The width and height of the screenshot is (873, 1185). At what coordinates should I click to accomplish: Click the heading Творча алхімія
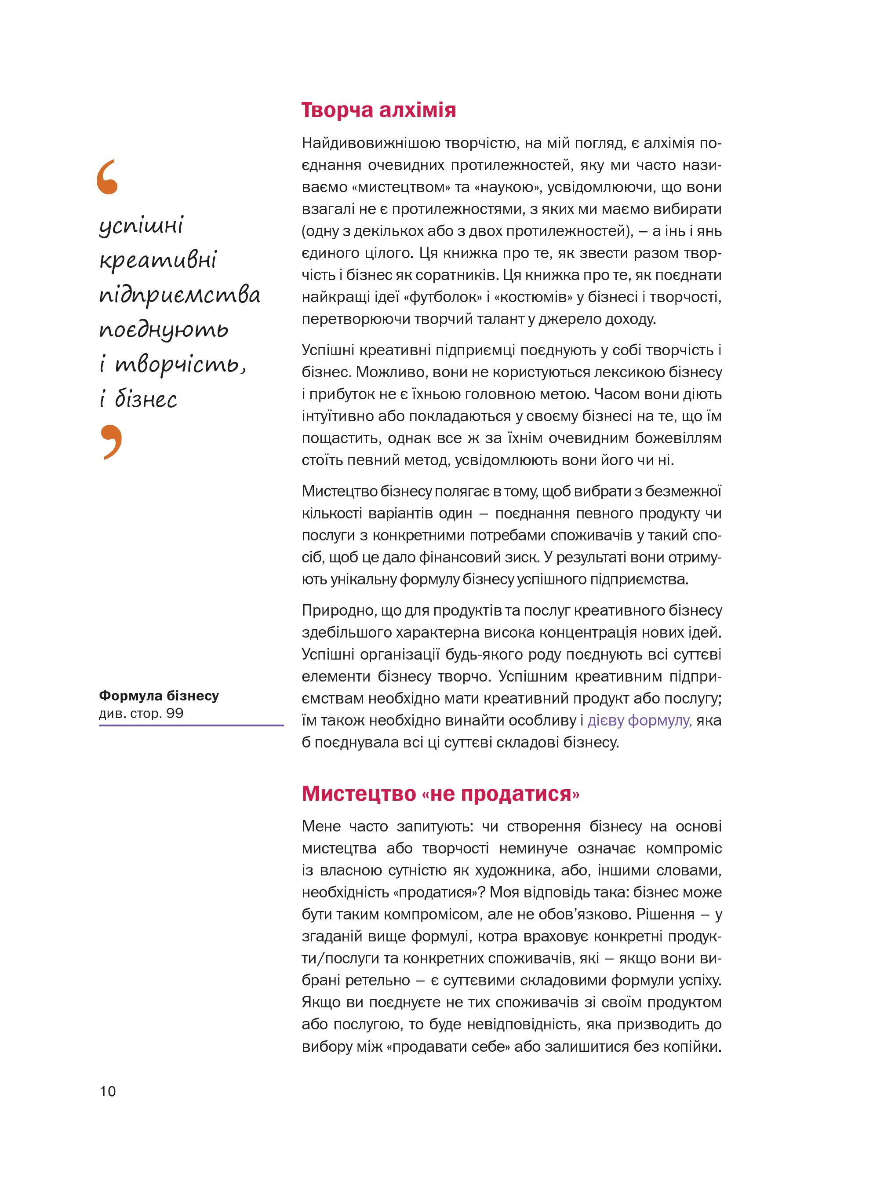[x=378, y=110]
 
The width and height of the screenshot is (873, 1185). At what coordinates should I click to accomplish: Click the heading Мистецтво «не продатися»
[x=440, y=794]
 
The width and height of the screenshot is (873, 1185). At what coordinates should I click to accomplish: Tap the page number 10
[x=107, y=1091]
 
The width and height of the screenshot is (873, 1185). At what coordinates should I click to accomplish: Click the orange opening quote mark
[x=107, y=177]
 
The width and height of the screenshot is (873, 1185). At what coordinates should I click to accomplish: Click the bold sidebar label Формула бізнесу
[x=159, y=696]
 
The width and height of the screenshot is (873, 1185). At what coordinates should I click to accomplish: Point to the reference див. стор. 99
[x=141, y=713]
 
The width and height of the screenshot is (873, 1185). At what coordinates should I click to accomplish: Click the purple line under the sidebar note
[x=191, y=725]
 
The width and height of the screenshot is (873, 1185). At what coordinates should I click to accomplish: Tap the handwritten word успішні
[x=141, y=226]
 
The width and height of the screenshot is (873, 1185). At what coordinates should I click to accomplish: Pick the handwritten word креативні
[x=158, y=260]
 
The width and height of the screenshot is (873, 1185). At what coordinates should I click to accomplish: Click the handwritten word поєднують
[x=164, y=330]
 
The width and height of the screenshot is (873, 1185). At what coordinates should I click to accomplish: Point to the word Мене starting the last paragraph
[x=321, y=826]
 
